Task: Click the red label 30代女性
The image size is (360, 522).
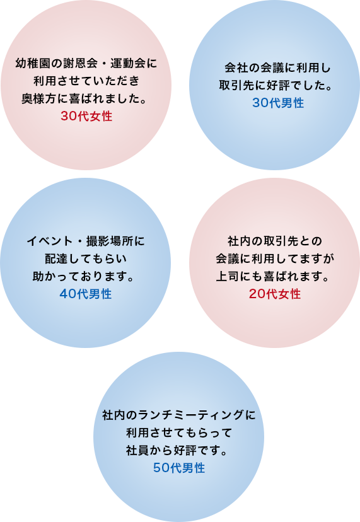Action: (86, 116)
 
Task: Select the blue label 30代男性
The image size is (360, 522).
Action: (278, 103)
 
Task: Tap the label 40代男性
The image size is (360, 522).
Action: (86, 294)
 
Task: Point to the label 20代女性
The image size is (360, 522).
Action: (275, 294)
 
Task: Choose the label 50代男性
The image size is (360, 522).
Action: (179, 468)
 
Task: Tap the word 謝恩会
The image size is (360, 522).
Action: (80, 63)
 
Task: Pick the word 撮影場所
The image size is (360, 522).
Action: (110, 241)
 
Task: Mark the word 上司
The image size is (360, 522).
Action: (228, 276)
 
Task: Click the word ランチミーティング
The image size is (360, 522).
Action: (190, 415)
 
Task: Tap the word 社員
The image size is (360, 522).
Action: (137, 450)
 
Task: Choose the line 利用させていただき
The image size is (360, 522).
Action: (86, 81)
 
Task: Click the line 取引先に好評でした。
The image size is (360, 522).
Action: (276, 85)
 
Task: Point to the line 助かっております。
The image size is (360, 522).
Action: (83, 276)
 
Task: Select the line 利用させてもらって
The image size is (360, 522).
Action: (179, 432)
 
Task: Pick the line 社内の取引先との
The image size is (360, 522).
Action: (275, 241)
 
